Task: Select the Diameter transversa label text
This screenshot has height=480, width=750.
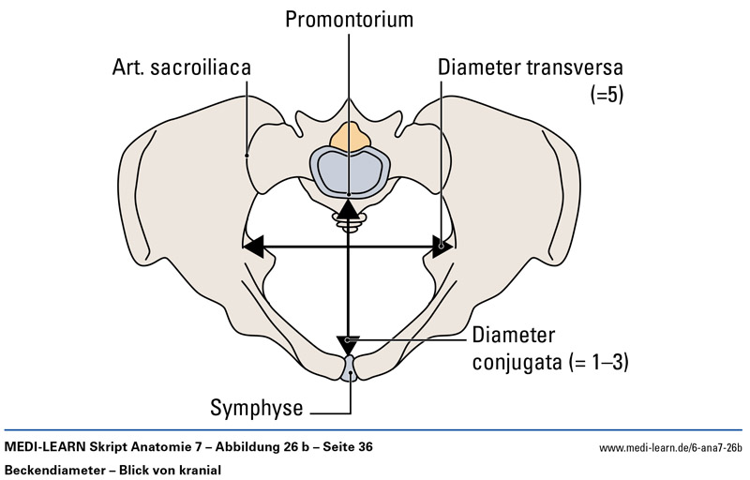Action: tap(530, 67)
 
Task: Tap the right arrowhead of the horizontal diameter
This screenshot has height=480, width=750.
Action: tap(444, 247)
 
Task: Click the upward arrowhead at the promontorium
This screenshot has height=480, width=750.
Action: tap(349, 209)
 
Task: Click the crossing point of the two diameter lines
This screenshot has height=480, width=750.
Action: tap(349, 247)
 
